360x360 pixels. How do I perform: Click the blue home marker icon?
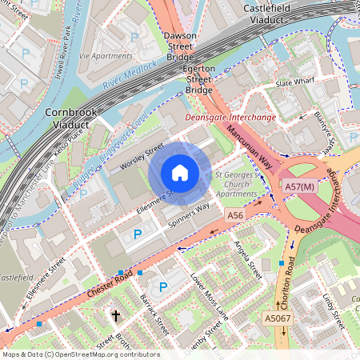pos(180,173)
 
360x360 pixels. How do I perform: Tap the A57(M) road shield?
pos(300,187)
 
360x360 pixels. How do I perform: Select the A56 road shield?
pos(234,216)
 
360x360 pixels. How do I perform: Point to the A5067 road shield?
pos(278,318)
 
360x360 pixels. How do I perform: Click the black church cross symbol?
pos(115,316)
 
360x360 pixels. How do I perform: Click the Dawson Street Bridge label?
pos(179,48)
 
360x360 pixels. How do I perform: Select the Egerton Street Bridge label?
pos(199,80)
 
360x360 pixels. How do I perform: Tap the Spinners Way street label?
pos(189,217)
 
